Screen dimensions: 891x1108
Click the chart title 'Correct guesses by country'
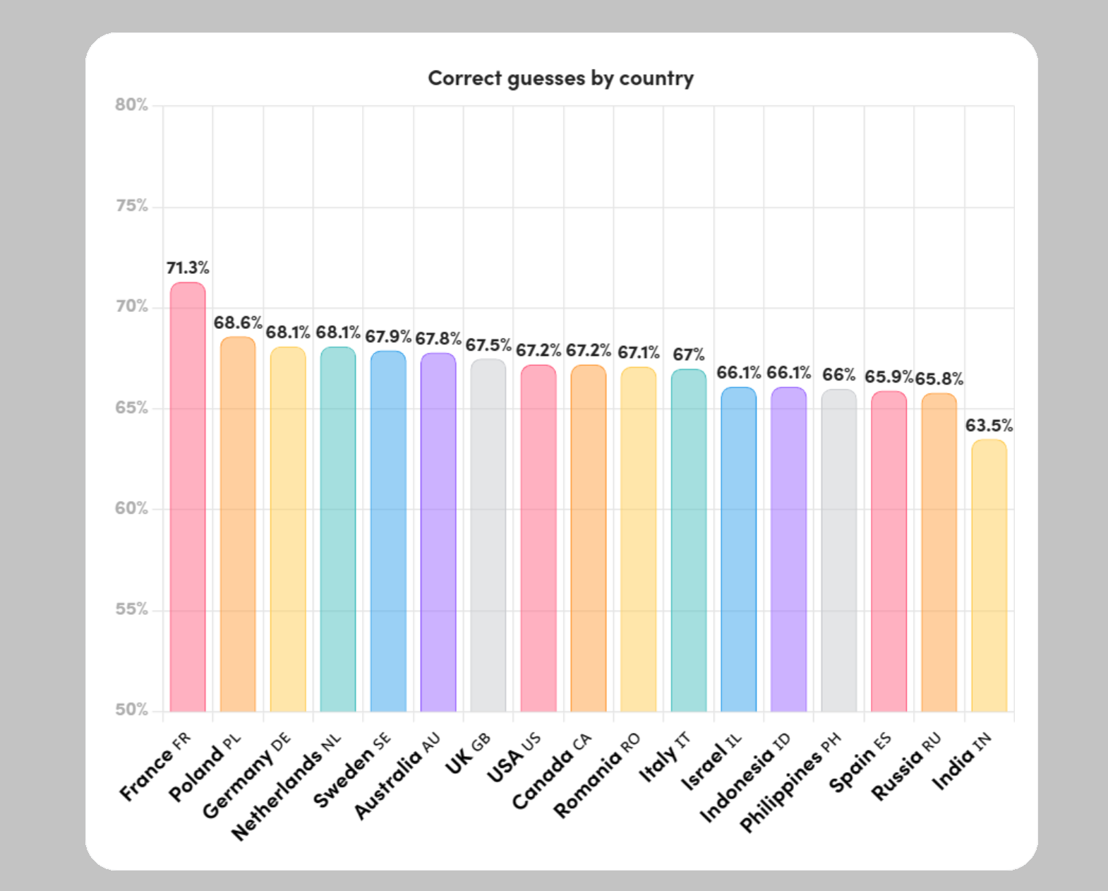click(x=560, y=78)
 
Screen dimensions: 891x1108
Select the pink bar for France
click(x=188, y=497)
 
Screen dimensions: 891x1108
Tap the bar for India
click(x=989, y=575)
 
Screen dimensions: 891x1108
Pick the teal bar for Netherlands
click(x=338, y=530)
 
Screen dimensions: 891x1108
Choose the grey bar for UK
click(x=488, y=535)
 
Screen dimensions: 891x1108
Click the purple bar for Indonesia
click(x=788, y=549)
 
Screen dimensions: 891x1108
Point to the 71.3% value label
click(x=188, y=268)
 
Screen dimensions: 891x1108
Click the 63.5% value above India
click(x=989, y=426)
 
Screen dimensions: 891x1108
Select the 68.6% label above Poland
click(x=238, y=323)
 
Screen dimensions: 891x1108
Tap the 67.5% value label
click(x=488, y=345)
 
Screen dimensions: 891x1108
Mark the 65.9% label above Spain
click(x=889, y=377)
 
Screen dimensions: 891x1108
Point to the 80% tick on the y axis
click(x=132, y=105)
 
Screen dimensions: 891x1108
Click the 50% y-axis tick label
click(x=132, y=710)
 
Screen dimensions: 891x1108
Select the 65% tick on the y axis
click(x=132, y=408)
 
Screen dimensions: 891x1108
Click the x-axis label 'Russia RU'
click(x=906, y=766)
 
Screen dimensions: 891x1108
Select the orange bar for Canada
click(x=589, y=538)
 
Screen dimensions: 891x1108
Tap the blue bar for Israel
click(x=738, y=549)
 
